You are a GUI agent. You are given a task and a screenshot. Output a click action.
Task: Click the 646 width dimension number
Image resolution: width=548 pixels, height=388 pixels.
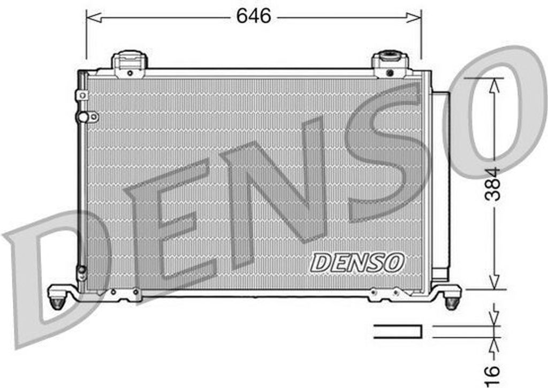click(x=254, y=17)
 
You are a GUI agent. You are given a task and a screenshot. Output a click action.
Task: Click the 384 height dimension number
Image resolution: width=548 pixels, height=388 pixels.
click(x=493, y=184)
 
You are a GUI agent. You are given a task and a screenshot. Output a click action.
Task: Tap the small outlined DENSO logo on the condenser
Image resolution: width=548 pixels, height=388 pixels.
click(x=357, y=262)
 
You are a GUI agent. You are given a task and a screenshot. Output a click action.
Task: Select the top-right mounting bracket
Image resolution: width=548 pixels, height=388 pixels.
click(x=390, y=64)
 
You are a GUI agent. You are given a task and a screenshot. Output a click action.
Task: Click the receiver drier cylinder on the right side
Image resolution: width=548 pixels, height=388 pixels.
click(x=440, y=182)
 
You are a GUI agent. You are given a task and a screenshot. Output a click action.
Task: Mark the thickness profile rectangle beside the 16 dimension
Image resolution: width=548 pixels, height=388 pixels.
click(x=398, y=331)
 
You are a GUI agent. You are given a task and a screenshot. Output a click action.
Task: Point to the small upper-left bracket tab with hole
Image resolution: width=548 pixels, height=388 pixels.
click(x=82, y=95)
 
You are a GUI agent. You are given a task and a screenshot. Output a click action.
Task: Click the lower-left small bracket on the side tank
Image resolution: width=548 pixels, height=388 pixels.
click(x=81, y=273)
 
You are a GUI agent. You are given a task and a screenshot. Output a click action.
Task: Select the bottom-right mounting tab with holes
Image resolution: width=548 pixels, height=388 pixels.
click(x=389, y=293)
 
